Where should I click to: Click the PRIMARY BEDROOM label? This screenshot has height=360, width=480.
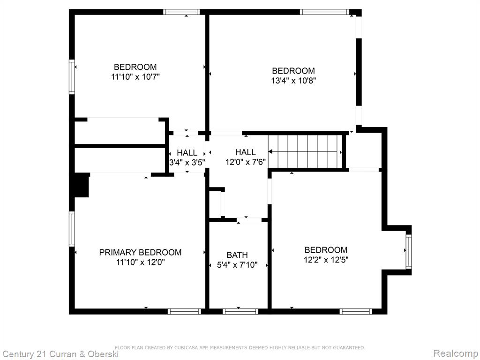(140, 253)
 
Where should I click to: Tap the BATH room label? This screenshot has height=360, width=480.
(237, 255)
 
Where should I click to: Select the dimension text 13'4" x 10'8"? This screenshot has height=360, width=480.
(293, 81)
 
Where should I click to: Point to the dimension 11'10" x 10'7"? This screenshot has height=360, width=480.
(135, 76)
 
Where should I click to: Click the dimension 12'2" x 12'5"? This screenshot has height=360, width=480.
(326, 260)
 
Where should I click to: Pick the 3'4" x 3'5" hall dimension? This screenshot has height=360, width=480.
(187, 162)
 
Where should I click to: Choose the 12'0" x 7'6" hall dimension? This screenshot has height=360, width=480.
(246, 162)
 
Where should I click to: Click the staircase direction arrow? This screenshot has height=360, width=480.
(305, 151)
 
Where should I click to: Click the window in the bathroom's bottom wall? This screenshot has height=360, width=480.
(240, 312)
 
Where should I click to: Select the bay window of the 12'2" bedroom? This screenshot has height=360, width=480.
(409, 252)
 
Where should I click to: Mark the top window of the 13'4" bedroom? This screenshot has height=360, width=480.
(324, 12)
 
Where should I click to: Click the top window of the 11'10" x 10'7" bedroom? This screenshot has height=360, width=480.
(181, 12)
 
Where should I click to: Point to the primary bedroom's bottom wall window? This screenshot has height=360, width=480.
(184, 312)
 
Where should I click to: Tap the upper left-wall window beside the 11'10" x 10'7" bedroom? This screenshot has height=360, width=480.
(72, 76)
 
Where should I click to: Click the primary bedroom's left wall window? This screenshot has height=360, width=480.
(72, 229)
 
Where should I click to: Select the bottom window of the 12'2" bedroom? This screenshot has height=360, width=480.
(356, 312)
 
